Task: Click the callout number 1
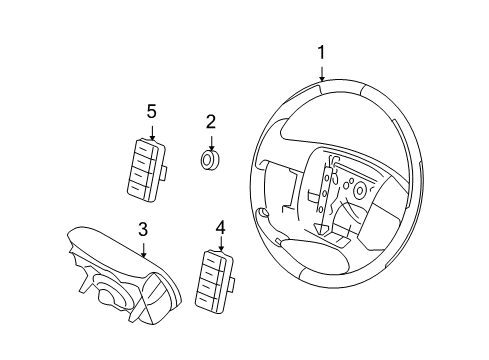pos(321,53)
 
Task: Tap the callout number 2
pos(211,122)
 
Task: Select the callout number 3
pos(143,230)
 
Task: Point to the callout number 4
pos(221,228)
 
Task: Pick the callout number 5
pos(152,111)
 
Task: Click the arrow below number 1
pos(322,74)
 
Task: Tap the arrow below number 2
pos(211,143)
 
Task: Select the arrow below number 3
pos(144,250)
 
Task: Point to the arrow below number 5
pos(152,133)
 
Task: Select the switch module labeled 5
pos(146,170)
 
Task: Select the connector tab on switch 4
pos(232,284)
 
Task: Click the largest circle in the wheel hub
pos(360,190)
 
